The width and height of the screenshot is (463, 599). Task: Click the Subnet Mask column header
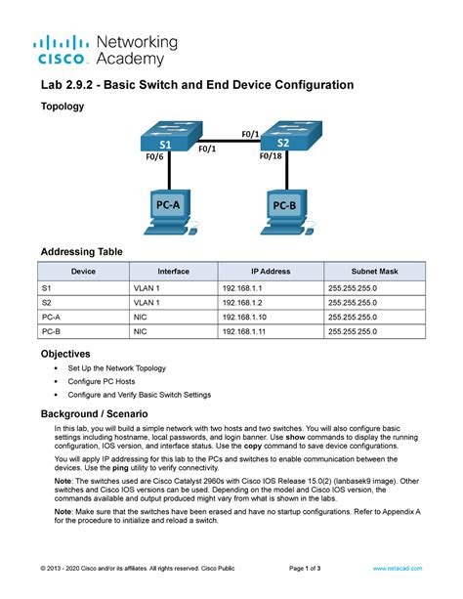pyautogui.click(x=374, y=271)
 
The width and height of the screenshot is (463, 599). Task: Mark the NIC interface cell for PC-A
pyautogui.click(x=142, y=318)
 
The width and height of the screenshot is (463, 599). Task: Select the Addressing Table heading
pyautogui.click(x=81, y=251)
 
